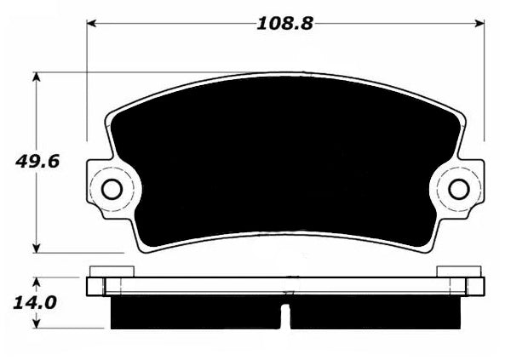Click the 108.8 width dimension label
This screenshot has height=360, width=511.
pyautogui.click(x=284, y=24)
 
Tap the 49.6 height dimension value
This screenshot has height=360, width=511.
pyautogui.click(x=37, y=162)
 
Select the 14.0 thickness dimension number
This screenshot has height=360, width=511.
pyautogui.click(x=35, y=303)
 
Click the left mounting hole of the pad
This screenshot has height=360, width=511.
pyautogui.click(x=112, y=189)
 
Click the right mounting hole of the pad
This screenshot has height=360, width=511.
pyautogui.click(x=459, y=189)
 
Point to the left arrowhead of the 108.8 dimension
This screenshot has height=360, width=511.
pyautogui.click(x=92, y=24)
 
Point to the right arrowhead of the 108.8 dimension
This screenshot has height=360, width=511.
pyautogui.click(x=479, y=24)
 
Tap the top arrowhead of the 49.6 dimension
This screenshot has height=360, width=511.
pyautogui.click(x=37, y=77)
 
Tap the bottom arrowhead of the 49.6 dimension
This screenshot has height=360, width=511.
pyautogui.click(x=37, y=248)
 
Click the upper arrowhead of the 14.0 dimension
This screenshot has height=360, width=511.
pyautogui.click(x=37, y=283)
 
